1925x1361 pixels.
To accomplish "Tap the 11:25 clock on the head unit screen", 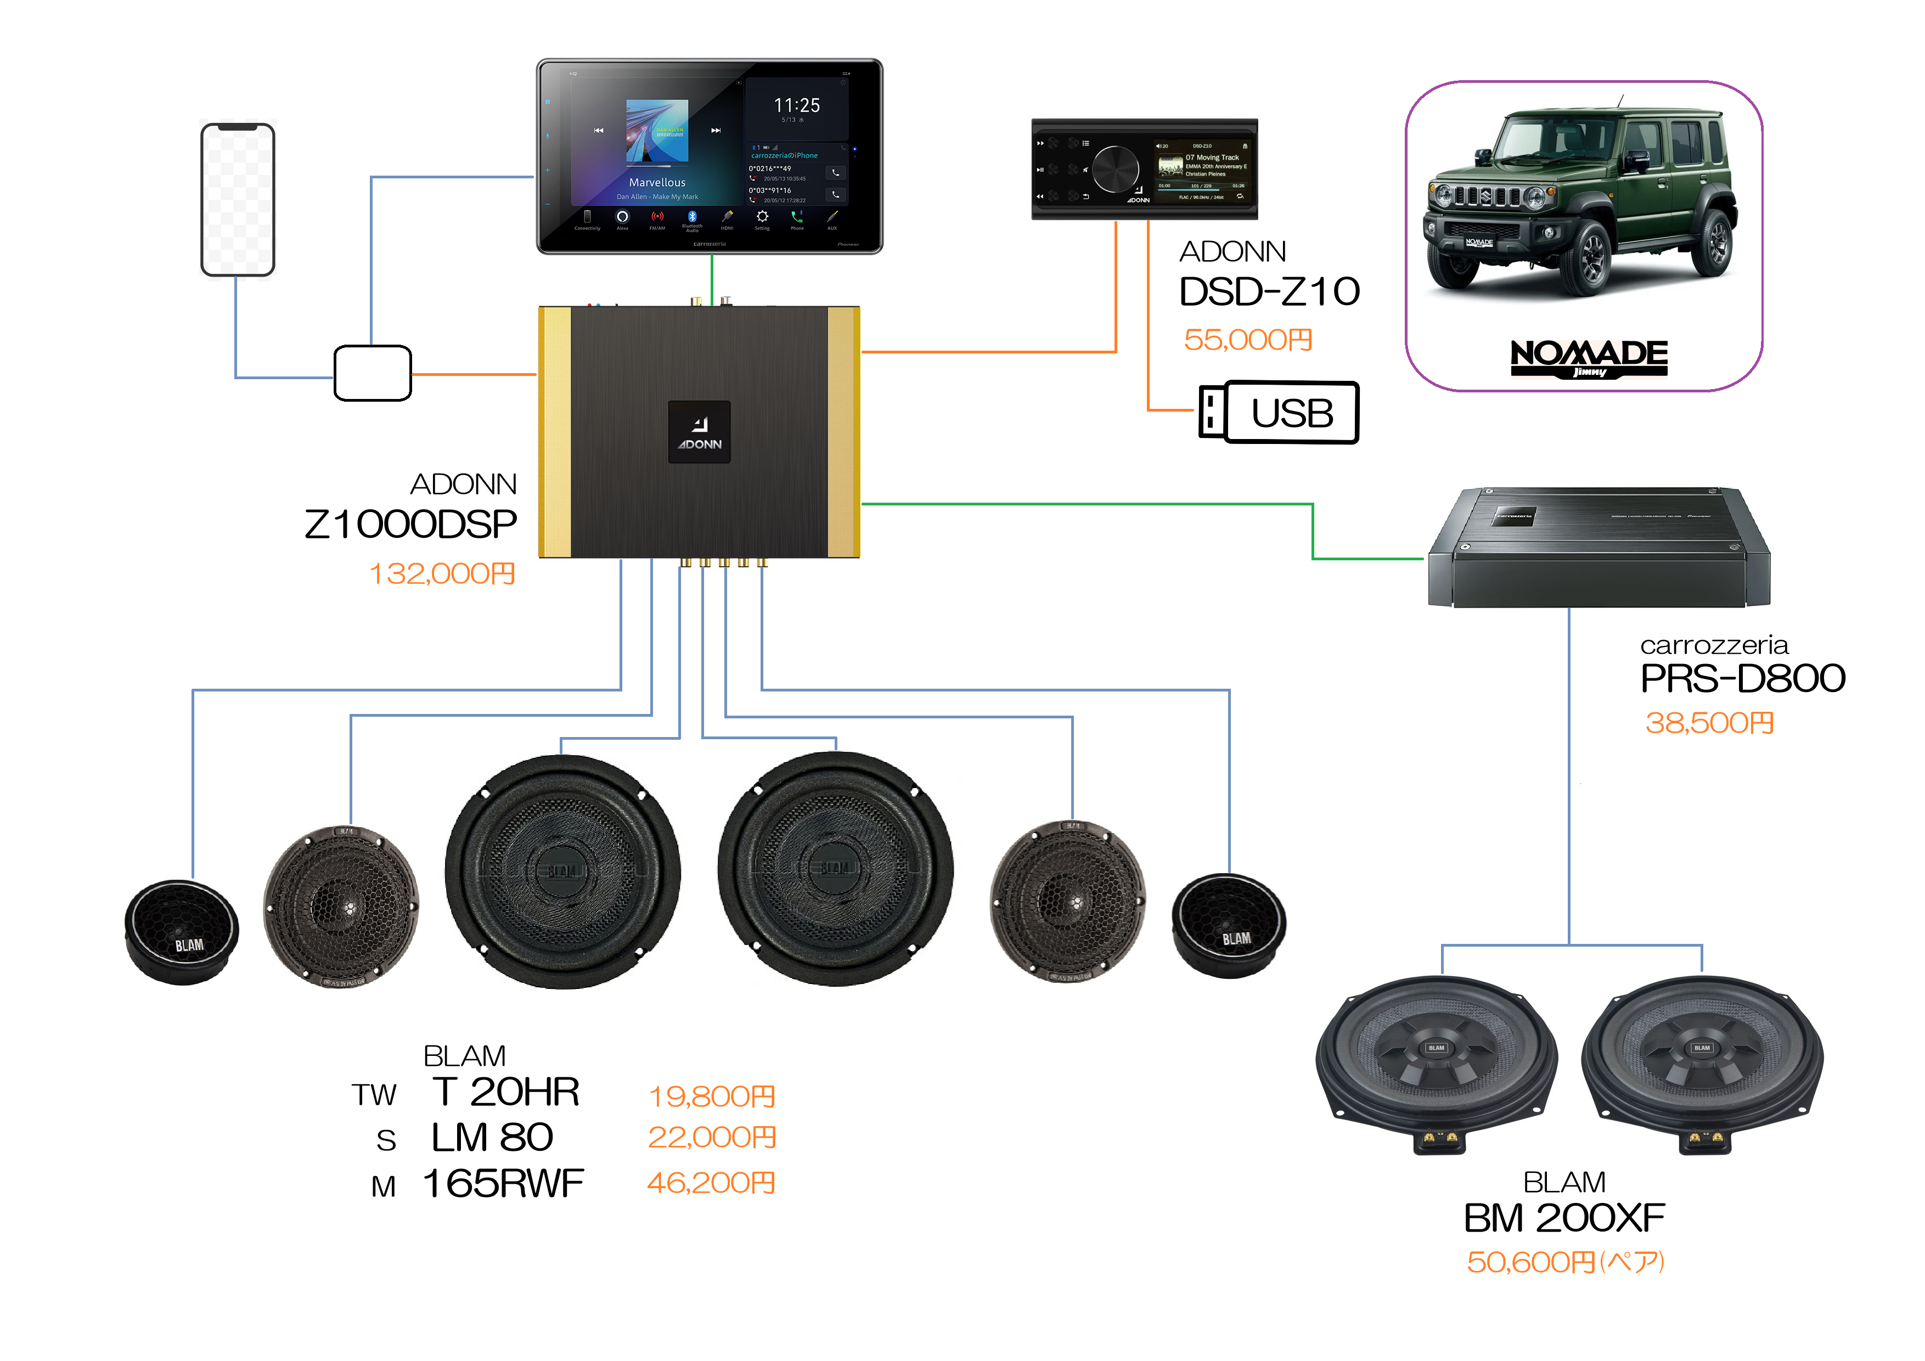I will pyautogui.click(x=796, y=106).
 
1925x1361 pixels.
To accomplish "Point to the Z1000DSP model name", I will pyautogui.click(x=411, y=525).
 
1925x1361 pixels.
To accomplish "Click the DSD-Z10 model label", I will pyautogui.click(x=1269, y=292).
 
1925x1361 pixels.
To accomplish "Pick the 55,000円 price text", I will pyautogui.click(x=1247, y=340).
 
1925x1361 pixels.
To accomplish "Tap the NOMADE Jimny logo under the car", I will pyautogui.click(x=1589, y=358).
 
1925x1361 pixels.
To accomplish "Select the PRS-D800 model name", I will pyautogui.click(x=1742, y=678).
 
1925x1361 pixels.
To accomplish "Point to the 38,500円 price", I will pyautogui.click(x=1709, y=723).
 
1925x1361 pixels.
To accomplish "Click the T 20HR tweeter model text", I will pyautogui.click(x=505, y=1092).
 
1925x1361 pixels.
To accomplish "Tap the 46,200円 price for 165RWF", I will pyautogui.click(x=711, y=1183).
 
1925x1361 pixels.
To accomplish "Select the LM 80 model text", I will pyautogui.click(x=492, y=1138).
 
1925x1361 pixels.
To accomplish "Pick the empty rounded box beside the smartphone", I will pyautogui.click(x=372, y=373).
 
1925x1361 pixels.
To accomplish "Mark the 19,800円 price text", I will pyautogui.click(x=712, y=1096).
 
